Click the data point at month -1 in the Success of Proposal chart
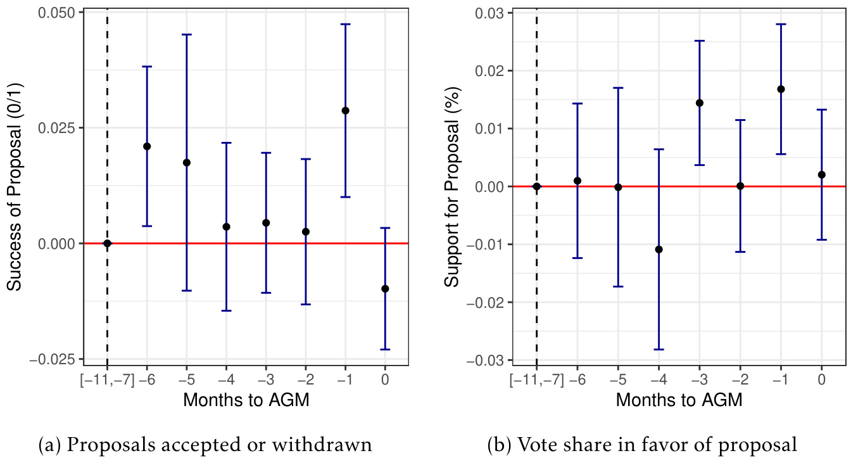pyautogui.click(x=345, y=110)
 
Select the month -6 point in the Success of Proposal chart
pyautogui.click(x=147, y=146)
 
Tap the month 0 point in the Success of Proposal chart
pyautogui.click(x=385, y=288)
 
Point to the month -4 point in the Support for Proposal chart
pyautogui.click(x=659, y=249)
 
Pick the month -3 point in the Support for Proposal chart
pyautogui.click(x=700, y=103)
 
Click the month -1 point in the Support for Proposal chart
pyautogui.click(x=781, y=89)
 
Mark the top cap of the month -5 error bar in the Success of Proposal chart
pyautogui.click(x=187, y=34)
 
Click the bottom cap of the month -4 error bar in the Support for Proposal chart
pyautogui.click(x=659, y=349)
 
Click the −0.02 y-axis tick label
pyautogui.click(x=487, y=302)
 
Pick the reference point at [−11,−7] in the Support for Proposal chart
pyautogui.click(x=537, y=186)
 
